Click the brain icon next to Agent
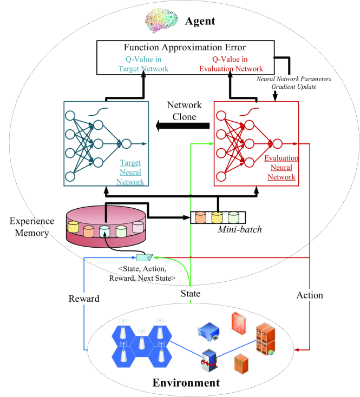pos(161,21)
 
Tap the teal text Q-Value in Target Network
pos(144,63)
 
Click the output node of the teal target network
pos(126,144)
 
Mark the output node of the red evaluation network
pos(277,144)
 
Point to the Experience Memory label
pos(31,228)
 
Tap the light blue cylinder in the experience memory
pos(104,231)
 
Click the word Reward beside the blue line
pos(84,299)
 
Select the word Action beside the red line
pos(310,295)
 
